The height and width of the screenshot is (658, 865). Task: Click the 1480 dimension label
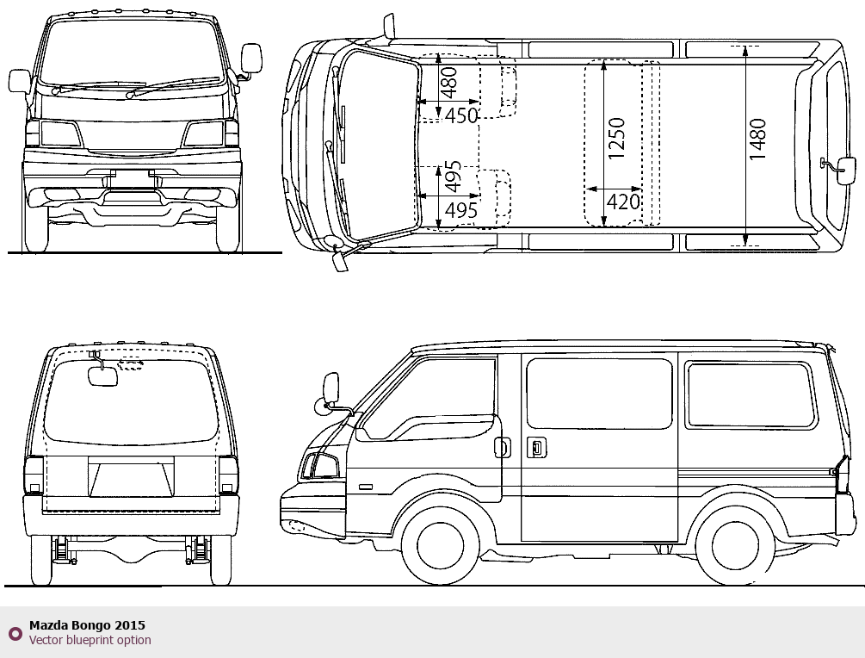click(758, 140)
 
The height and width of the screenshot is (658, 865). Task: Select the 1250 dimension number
click(617, 139)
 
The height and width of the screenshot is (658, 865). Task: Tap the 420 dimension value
click(623, 202)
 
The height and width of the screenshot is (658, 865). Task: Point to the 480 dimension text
click(449, 83)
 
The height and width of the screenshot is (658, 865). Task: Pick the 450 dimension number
click(461, 115)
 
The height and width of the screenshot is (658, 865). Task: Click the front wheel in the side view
click(440, 545)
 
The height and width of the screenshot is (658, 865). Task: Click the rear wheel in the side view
click(735, 545)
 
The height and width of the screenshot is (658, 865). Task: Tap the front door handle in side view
click(503, 447)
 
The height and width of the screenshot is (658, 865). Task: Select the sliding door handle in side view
click(536, 447)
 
